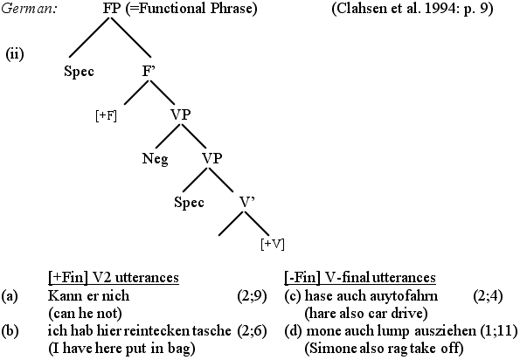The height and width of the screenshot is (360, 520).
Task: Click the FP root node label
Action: [111, 8]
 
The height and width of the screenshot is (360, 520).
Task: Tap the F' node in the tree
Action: [149, 71]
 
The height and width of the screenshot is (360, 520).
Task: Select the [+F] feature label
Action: [106, 116]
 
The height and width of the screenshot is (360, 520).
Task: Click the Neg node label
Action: [156, 159]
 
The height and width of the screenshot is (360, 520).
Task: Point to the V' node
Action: [246, 202]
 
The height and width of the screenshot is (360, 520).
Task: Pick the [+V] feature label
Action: [273, 244]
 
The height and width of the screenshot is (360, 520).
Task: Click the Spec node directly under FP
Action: [79, 72]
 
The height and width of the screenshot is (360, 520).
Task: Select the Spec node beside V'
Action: [189, 202]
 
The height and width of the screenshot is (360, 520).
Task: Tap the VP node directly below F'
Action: [181, 114]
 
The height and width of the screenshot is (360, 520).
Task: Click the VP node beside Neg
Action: [212, 158]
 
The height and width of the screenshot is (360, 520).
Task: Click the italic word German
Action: [28, 8]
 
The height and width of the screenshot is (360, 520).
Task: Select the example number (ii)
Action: [15, 54]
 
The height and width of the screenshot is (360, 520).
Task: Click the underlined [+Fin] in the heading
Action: [67, 278]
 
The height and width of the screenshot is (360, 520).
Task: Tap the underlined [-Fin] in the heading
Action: [302, 278]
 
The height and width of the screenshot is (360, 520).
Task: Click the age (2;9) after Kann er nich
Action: [252, 295]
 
